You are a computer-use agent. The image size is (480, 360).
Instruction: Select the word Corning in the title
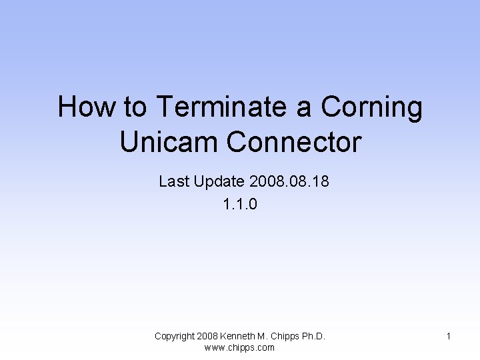(x=371, y=107)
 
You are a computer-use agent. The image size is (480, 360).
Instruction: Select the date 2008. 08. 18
(x=288, y=181)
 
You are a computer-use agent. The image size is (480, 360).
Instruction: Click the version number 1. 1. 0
(x=240, y=204)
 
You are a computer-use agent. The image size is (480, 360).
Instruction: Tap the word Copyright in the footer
(x=175, y=336)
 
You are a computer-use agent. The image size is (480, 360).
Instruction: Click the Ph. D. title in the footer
(x=315, y=336)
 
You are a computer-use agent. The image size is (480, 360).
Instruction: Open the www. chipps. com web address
(x=239, y=347)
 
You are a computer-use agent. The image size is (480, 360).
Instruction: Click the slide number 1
(x=449, y=337)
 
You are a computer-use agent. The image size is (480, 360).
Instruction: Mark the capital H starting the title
(x=66, y=107)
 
